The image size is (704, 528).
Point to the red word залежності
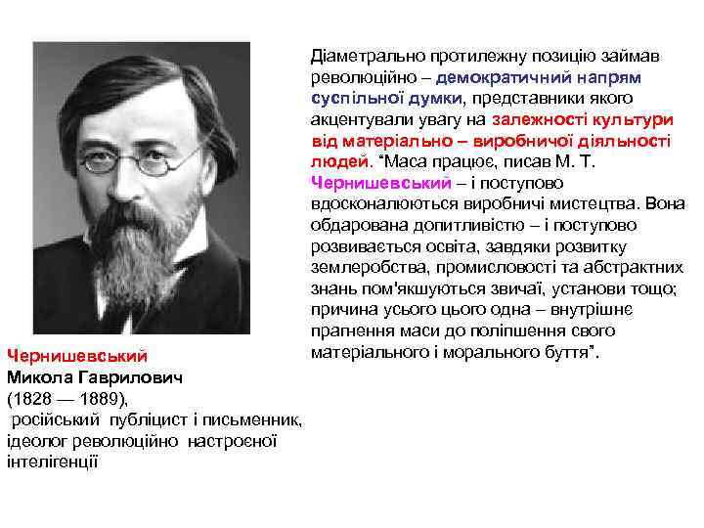click(544, 120)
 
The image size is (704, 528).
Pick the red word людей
click(335, 162)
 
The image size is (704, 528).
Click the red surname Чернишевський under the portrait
click(76, 354)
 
